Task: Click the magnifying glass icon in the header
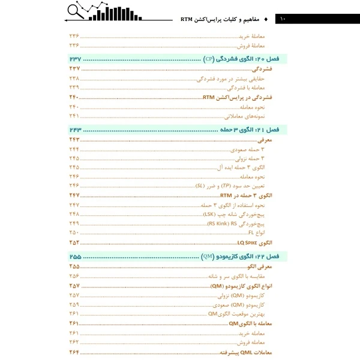tap(76, 11)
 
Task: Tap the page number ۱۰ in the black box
tap(283, 19)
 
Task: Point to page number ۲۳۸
tap(74, 79)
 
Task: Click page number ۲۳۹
tap(74, 88)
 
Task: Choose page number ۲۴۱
tap(74, 115)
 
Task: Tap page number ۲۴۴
tap(74, 149)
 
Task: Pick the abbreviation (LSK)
tap(209, 214)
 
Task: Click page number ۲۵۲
tap(74, 242)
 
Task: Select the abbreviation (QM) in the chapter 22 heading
tap(208, 256)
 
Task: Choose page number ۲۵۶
tap(74, 276)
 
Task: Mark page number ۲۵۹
tap(74, 304)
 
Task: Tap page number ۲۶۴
tap(74, 352)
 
